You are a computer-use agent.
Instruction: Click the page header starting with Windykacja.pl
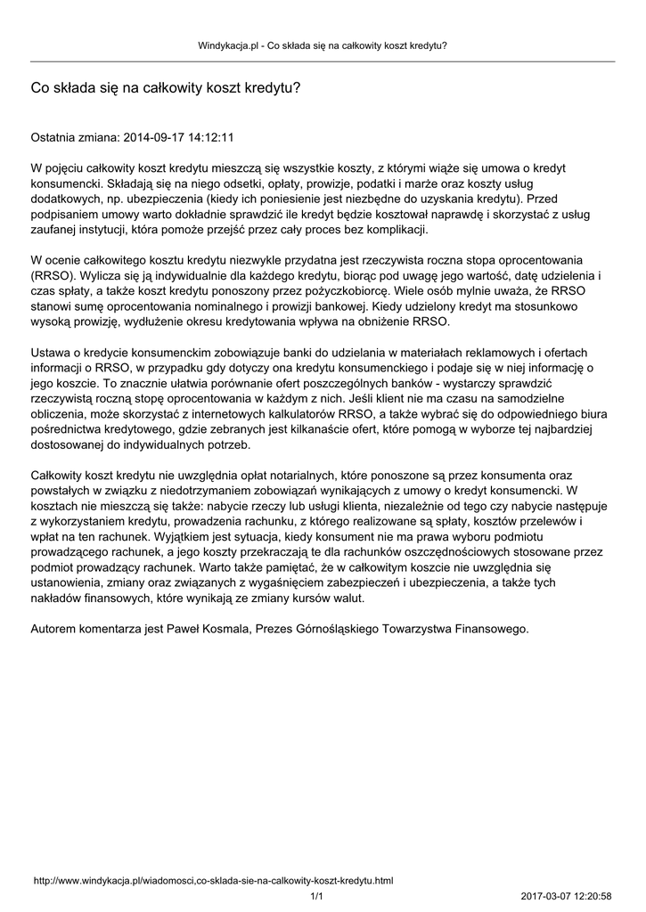pos(322,45)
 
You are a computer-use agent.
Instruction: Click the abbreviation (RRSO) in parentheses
pos(53,275)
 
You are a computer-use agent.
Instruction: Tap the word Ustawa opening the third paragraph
pos(51,352)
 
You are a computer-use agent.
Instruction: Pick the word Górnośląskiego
pos(344,628)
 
